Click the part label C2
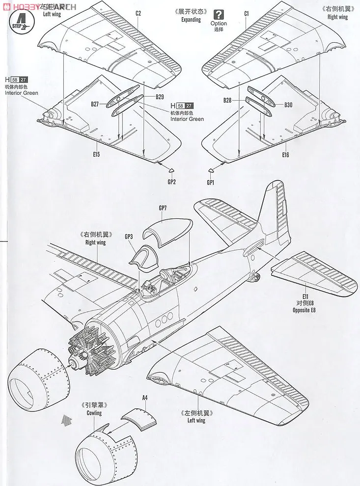click(x=138, y=13)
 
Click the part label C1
click(x=247, y=13)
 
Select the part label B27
click(x=95, y=104)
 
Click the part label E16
click(x=285, y=155)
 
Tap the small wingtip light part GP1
click(x=211, y=171)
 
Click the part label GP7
click(x=163, y=208)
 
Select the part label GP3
click(x=129, y=237)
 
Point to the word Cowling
click(x=94, y=413)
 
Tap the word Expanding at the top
click(x=191, y=20)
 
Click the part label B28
click(x=227, y=100)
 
